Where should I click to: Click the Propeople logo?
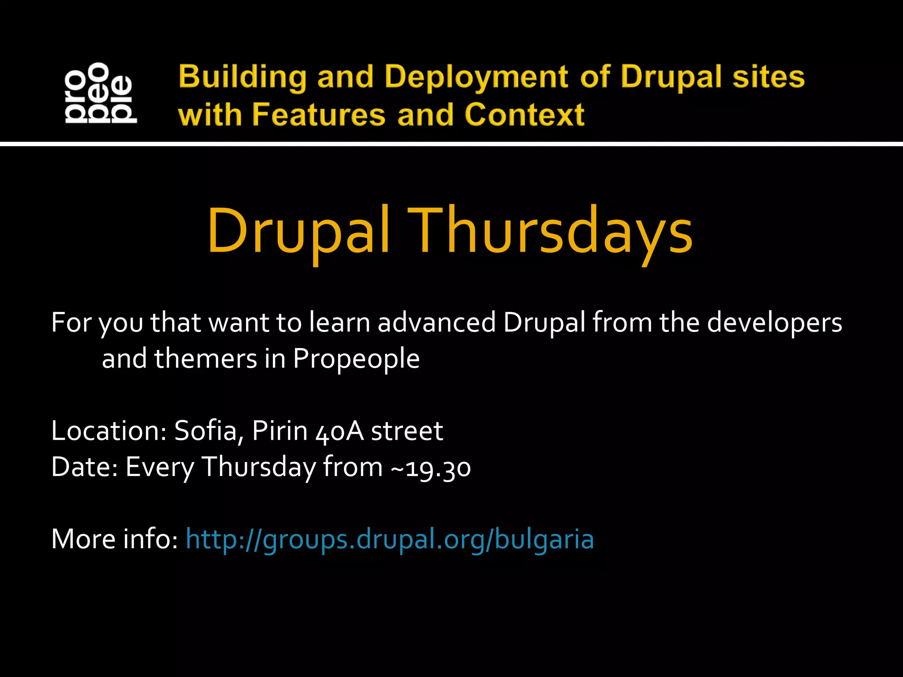[101, 93]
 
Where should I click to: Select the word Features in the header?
[319, 115]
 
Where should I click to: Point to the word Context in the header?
[524, 115]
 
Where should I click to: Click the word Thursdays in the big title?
[549, 231]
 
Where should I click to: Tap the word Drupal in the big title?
[299, 231]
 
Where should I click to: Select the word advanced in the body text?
[437, 322]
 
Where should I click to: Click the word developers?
[775, 323]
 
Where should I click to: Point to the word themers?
[205, 358]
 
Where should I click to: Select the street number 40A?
[340, 431]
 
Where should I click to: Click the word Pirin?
[280, 431]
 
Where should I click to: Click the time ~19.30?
[431, 467]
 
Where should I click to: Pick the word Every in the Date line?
[160, 468]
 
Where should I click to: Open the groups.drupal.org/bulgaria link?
[390, 539]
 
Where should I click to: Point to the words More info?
[114, 539]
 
